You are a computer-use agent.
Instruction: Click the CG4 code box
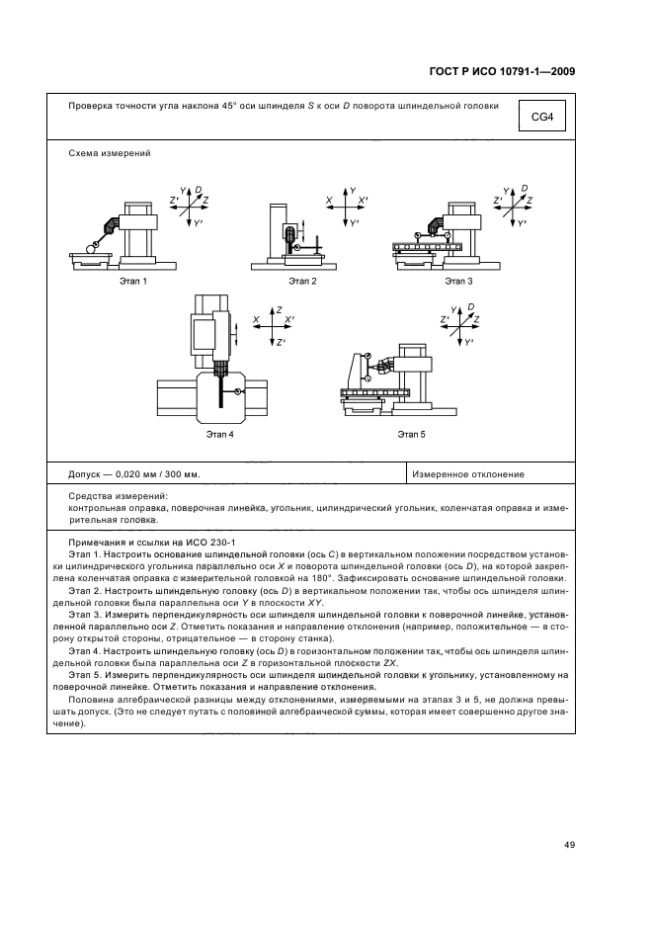point(541,119)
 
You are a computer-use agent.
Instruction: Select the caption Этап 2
point(302,282)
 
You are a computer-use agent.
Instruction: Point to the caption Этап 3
point(459,282)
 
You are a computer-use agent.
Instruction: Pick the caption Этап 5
point(411,433)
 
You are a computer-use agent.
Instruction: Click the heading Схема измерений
point(110,153)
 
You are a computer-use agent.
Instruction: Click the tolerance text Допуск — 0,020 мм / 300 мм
point(134,474)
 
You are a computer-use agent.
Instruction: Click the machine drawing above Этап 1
point(119,234)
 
